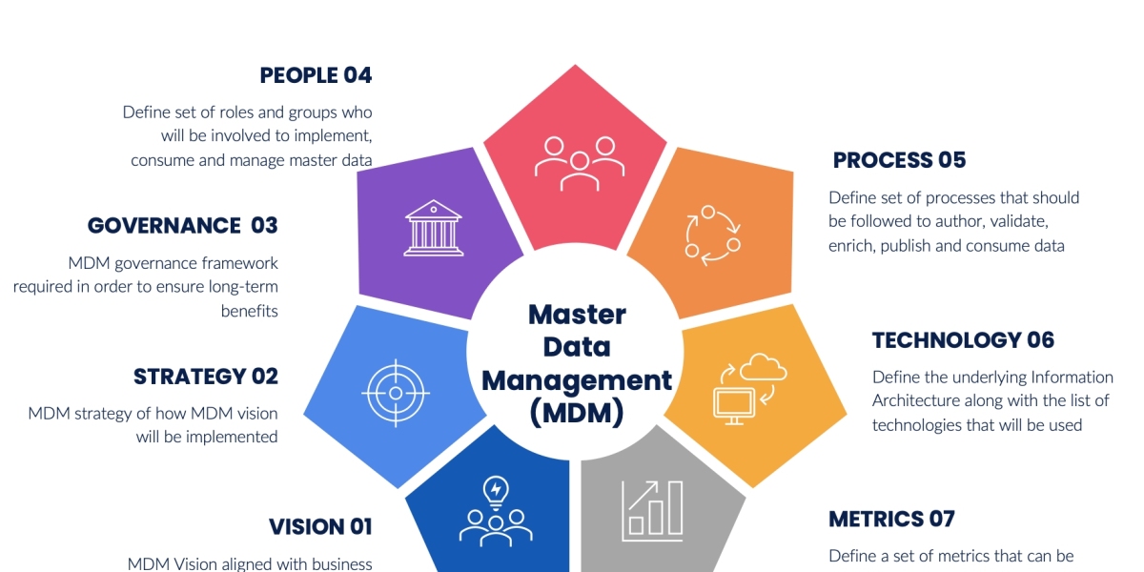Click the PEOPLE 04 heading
316,75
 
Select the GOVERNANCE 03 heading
182,226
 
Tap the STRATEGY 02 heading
205,377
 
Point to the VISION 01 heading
319,526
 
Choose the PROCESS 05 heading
899,160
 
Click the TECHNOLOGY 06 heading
963,340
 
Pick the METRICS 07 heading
891,520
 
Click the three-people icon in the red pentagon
579,160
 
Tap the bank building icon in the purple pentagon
434,228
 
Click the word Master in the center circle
577,314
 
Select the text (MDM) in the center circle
577,413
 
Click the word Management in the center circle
577,379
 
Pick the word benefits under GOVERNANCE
249,311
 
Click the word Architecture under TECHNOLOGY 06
916,400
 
